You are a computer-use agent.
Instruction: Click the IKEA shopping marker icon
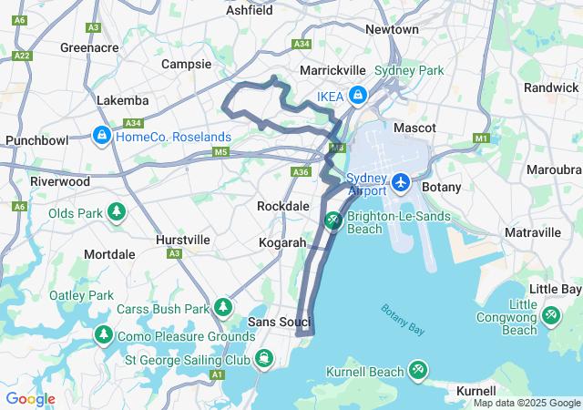click(358, 95)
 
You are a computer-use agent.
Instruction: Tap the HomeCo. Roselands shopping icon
click(102, 137)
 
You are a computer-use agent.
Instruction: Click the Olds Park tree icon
click(117, 213)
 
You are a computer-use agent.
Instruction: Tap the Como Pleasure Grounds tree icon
click(104, 336)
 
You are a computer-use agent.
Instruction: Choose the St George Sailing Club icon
click(263, 358)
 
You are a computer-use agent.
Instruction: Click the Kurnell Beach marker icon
click(416, 371)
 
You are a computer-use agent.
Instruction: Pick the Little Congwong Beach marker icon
click(550, 315)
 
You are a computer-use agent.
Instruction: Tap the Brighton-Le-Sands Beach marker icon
click(333, 220)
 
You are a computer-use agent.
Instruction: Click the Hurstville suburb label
click(183, 240)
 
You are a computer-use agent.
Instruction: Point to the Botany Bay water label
click(404, 320)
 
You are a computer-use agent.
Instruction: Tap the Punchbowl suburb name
click(36, 140)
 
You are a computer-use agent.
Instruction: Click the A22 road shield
click(22, 56)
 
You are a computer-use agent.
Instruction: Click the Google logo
click(31, 399)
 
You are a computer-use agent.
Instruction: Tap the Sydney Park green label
click(409, 70)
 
